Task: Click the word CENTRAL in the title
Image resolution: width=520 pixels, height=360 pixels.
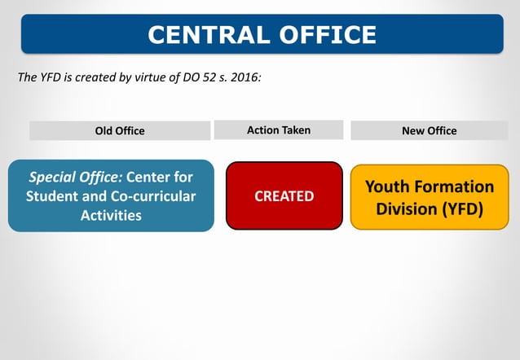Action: coord(205,34)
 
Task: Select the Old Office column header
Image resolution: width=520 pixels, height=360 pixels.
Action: coord(120,131)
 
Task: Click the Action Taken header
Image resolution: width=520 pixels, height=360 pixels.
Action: coord(279,130)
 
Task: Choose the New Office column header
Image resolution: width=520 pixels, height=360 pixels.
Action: coord(430,131)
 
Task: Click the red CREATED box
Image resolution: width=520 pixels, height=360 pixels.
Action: coord(284,196)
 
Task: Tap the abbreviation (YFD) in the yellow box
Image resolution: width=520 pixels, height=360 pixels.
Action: coord(463,209)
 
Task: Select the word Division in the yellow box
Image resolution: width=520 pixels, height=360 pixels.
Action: coord(407,209)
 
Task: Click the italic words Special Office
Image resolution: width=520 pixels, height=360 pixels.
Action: coord(76,177)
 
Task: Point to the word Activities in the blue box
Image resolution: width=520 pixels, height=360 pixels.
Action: coord(111,216)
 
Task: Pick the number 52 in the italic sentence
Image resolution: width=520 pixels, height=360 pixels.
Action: coord(205,78)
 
